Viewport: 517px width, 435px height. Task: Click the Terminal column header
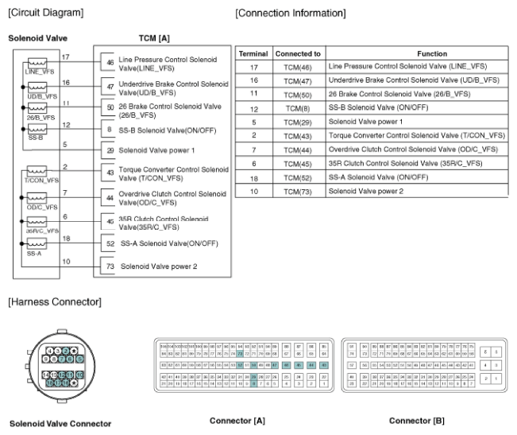click(x=253, y=53)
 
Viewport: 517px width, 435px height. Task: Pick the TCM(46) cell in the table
click(x=297, y=68)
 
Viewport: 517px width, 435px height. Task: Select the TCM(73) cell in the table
click(x=297, y=192)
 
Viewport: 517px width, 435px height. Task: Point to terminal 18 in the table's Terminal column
click(x=253, y=177)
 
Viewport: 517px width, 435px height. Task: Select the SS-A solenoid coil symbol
click(x=35, y=246)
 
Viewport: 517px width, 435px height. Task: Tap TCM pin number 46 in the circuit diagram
click(x=110, y=61)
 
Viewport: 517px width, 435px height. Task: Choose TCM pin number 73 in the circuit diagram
click(x=110, y=266)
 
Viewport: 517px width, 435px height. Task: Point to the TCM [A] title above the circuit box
click(x=152, y=38)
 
